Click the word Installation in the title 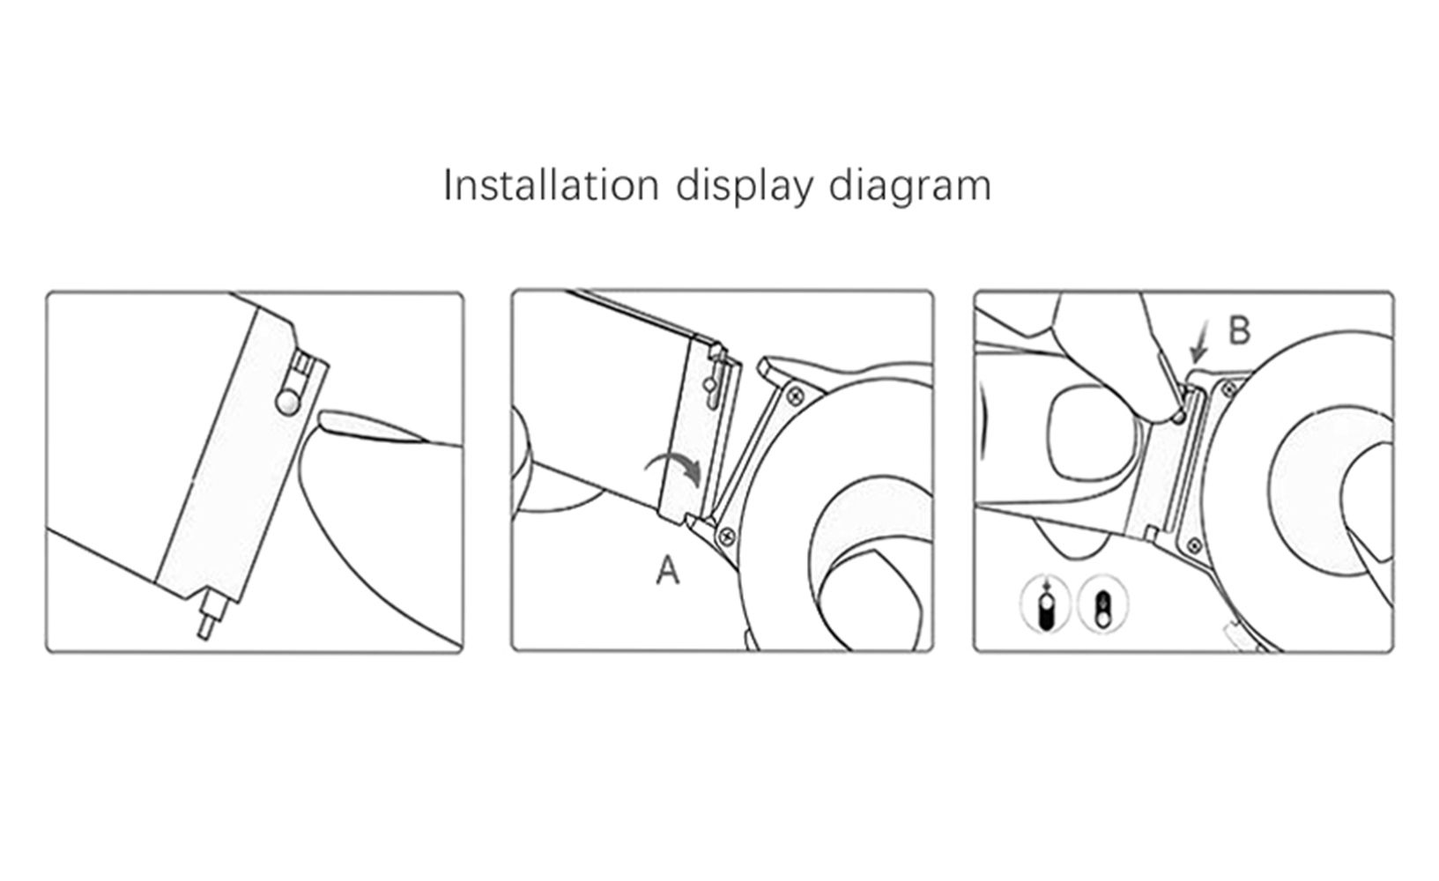[551, 186]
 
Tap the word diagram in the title [910, 188]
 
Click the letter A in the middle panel [667, 570]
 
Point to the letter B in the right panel [1239, 331]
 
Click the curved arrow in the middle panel [674, 468]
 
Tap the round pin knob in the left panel [288, 402]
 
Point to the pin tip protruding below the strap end [207, 617]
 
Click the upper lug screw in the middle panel [796, 394]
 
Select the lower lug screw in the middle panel [728, 535]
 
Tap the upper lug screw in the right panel [1229, 389]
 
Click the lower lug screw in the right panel [1194, 546]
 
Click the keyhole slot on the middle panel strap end [713, 381]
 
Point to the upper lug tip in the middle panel [766, 366]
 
